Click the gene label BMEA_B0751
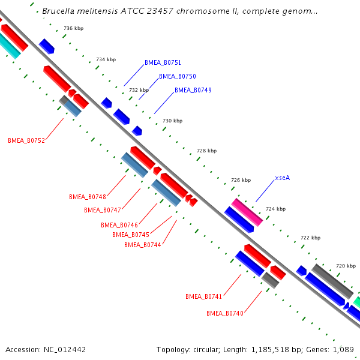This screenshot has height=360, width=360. tap(163, 62)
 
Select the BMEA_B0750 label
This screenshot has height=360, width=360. tap(177, 76)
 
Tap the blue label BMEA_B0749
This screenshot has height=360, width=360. tap(193, 90)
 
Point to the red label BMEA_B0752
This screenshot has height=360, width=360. tap(26, 140)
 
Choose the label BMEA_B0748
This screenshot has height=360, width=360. tap(88, 197)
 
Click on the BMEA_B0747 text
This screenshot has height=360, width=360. tap(103, 210)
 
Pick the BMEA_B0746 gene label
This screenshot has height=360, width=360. tap(119, 225)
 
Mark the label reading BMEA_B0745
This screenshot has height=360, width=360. tap(131, 235)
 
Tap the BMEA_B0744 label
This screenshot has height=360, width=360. tap(143, 245)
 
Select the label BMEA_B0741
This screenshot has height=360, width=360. tap(204, 296)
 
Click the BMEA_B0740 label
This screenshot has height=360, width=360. tap(225, 313)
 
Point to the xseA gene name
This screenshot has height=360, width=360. tap(283, 178)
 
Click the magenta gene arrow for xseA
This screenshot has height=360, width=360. tap(247, 212)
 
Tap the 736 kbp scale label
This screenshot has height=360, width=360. tap(73, 29)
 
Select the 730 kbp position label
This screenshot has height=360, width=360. tap(172, 121)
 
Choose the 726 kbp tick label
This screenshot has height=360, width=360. tap(241, 180)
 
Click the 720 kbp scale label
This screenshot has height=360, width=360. tap(346, 265)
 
